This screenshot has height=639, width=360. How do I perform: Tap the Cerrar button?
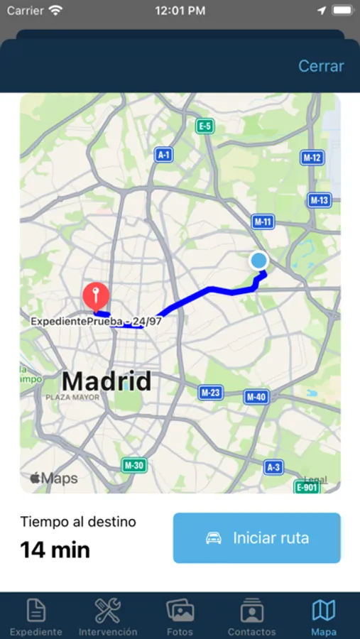(321, 66)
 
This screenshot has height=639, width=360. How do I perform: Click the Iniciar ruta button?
(256, 538)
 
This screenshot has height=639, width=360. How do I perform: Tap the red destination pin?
(96, 295)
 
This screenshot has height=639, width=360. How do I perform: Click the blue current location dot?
(259, 261)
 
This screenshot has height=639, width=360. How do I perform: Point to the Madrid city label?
(107, 381)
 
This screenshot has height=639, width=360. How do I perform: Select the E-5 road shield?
(204, 126)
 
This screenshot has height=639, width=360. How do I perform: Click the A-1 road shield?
(164, 155)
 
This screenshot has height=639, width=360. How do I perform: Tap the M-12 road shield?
(312, 158)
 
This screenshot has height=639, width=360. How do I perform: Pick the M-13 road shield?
(320, 200)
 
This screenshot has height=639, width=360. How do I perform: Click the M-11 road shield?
(263, 222)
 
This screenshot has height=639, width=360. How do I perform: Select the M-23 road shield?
(211, 392)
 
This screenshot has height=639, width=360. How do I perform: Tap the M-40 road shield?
(256, 397)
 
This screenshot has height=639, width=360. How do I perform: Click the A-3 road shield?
(273, 466)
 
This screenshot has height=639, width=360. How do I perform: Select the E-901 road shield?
(307, 487)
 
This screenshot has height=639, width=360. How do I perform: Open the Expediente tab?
(36, 616)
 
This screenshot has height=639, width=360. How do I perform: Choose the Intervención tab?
(108, 616)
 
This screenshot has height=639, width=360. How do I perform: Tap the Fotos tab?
(180, 616)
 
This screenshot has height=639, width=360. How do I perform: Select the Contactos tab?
(251, 616)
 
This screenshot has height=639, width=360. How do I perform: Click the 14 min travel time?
(55, 550)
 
